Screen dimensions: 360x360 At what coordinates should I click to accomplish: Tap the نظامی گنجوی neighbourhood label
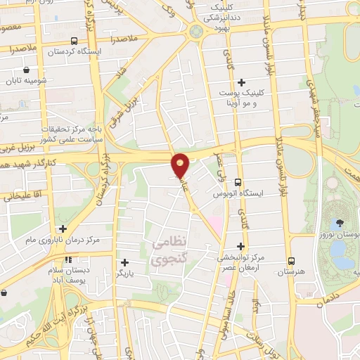coord(169,251)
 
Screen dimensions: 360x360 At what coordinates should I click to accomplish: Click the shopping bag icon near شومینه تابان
coord(27,70)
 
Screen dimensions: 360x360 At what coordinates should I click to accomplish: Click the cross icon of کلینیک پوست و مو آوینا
coord(243,82)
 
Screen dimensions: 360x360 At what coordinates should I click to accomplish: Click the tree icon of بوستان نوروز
coord(340,223)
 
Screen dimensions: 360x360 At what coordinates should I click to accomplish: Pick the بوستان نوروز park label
coord(340,237)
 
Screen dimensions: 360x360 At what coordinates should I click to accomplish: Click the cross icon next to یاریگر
coord(124,262)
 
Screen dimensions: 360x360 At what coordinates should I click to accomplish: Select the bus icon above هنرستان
coord(290,261)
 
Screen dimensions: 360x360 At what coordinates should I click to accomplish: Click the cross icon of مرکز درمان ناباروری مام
coord(63,229)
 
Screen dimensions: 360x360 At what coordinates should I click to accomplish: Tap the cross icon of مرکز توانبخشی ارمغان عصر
coord(241,246)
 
